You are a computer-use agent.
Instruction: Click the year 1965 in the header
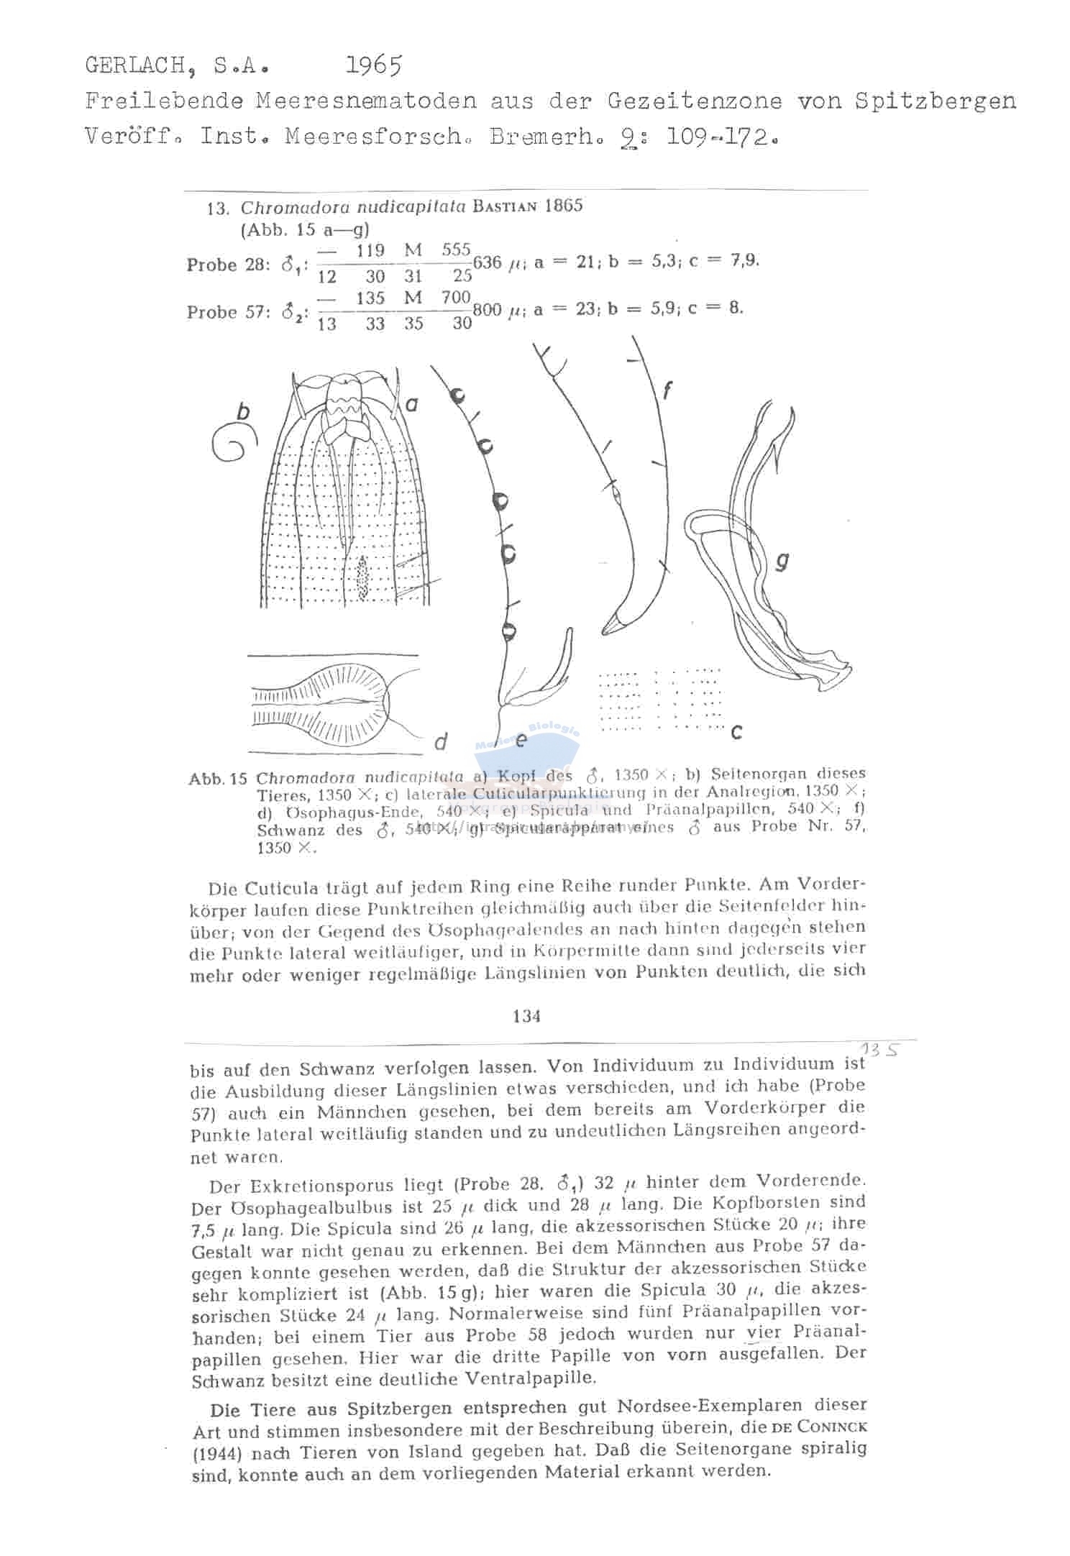click(x=373, y=66)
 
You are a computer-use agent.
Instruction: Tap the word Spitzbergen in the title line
click(x=936, y=101)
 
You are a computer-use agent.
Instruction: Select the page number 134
click(x=527, y=1016)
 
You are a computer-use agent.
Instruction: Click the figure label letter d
click(x=441, y=741)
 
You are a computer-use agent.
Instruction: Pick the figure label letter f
click(x=667, y=390)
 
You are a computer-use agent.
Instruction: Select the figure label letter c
click(x=736, y=733)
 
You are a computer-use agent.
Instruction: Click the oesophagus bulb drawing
click(x=349, y=704)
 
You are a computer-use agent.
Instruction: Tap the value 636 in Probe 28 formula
click(x=487, y=262)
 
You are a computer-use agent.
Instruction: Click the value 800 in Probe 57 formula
click(x=488, y=310)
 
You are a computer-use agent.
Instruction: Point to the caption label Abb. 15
click(x=218, y=779)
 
